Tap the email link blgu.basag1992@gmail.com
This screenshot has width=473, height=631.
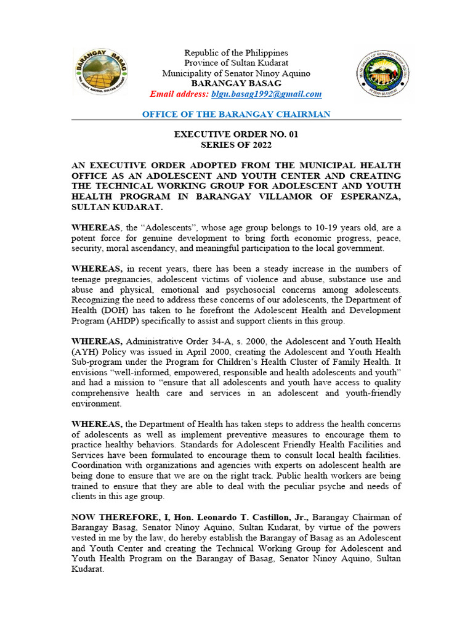pyautogui.click(x=266, y=94)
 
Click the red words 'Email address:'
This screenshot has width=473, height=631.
pyautogui.click(x=179, y=94)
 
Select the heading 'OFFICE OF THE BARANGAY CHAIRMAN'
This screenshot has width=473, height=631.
pyautogui.click(x=236, y=115)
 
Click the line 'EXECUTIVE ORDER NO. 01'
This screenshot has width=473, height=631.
pyautogui.click(x=236, y=134)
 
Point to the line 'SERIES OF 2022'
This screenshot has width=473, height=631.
pyautogui.click(x=236, y=145)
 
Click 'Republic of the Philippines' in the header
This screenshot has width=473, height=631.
pyautogui.click(x=236, y=53)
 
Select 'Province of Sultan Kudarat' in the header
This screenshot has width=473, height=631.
pyautogui.click(x=236, y=63)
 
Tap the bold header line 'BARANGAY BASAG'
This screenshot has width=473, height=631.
pyautogui.click(x=236, y=83)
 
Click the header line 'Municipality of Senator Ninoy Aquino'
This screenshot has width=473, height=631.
pyautogui.click(x=236, y=73)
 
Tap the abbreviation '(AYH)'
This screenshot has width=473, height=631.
pyautogui.click(x=86, y=352)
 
